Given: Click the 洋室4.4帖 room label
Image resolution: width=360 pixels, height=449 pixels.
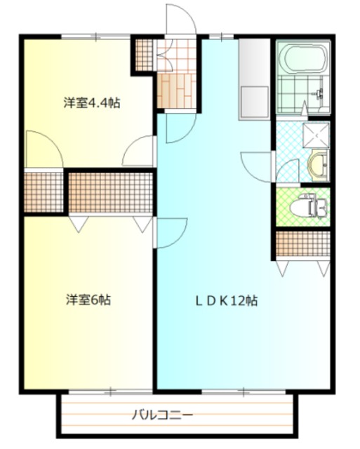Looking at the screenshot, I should pyautogui.click(x=91, y=103).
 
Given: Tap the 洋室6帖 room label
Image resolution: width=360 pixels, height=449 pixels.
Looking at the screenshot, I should pyautogui.click(x=88, y=300).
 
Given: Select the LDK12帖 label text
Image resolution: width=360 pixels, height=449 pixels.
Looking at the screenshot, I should pyautogui.click(x=226, y=301).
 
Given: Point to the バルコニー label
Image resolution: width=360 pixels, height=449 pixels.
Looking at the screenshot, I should pyautogui.click(x=163, y=415).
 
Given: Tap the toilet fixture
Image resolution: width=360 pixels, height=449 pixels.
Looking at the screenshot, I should pyautogui.click(x=309, y=207).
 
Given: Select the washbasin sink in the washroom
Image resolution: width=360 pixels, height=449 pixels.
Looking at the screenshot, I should pyautogui.click(x=317, y=166).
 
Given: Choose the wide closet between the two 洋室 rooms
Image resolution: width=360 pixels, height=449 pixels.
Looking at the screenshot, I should pyautogui.click(x=111, y=191).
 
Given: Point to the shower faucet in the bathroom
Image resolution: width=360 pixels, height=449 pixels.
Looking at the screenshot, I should pyautogui.click(x=320, y=93).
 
